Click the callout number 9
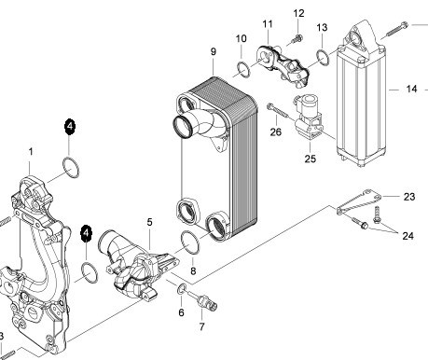pyautogui.click(x=214, y=51)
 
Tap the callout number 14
pyautogui.click(x=411, y=89)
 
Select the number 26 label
pyautogui.click(x=275, y=132)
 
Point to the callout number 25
pyautogui.click(x=310, y=159)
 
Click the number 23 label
pyautogui.click(x=409, y=197)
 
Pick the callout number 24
pyautogui.click(x=407, y=236)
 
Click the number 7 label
pyautogui.click(x=201, y=326)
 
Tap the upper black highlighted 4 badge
pyautogui.click(x=70, y=127)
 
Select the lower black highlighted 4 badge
pyautogui.click(x=87, y=233)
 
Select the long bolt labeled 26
pyautogui.click(x=279, y=112)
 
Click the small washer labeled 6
pyautogui.click(x=182, y=289)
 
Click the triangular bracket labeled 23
pyautogui.click(x=357, y=201)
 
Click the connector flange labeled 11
pyautogui.click(x=283, y=65)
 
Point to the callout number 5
pyautogui.click(x=149, y=222)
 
